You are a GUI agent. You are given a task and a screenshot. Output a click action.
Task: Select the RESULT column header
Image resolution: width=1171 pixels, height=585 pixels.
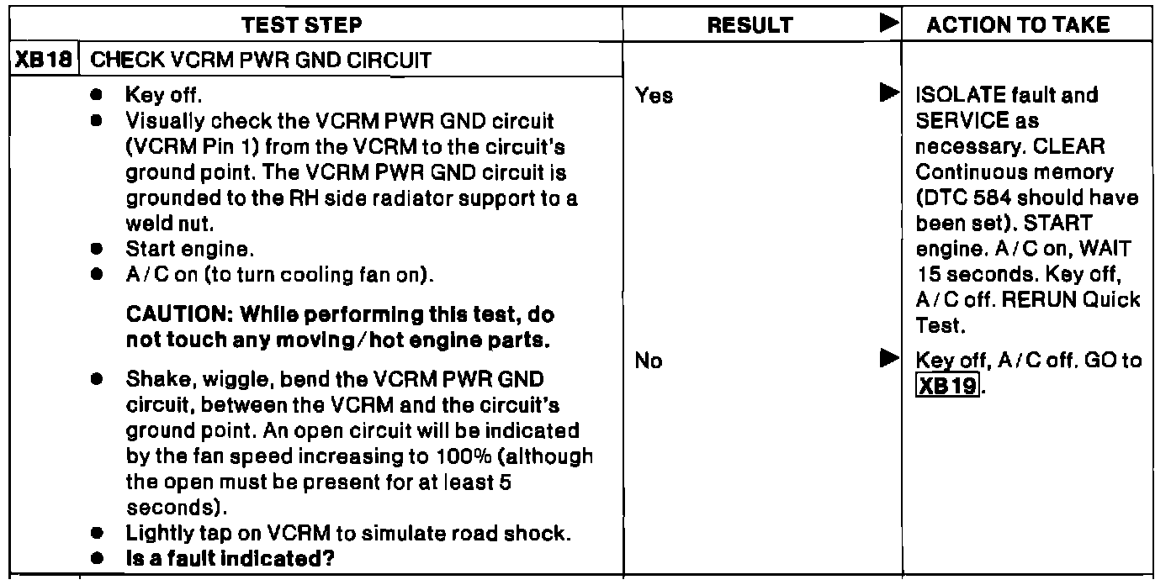(750, 25)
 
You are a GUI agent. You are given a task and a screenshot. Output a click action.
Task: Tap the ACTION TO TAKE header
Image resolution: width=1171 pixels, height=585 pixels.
(1018, 25)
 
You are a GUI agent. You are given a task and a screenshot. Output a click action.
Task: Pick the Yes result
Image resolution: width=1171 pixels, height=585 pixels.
(654, 96)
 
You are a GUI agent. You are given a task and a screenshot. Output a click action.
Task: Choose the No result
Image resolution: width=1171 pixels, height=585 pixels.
(649, 361)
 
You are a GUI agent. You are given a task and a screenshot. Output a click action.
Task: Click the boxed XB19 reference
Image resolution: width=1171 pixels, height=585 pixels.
(948, 387)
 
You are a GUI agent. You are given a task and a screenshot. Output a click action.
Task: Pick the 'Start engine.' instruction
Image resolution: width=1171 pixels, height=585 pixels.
(176, 249)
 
